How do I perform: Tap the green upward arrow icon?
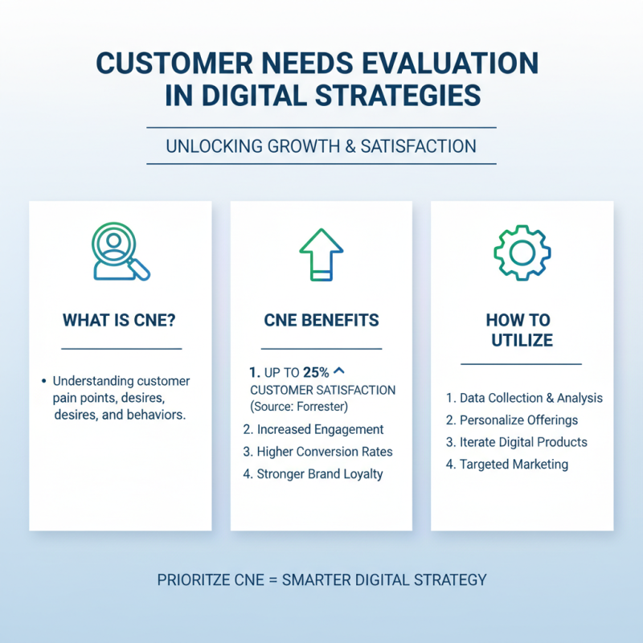tap(321, 252)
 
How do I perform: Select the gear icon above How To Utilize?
tap(522, 252)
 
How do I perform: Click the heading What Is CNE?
tap(120, 320)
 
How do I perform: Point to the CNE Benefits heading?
tap(321, 320)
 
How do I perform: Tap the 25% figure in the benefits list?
tap(314, 373)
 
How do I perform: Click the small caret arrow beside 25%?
tap(338, 371)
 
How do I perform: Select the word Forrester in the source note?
tap(318, 406)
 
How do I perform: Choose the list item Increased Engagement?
tap(313, 429)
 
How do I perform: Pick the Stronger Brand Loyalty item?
tap(313, 474)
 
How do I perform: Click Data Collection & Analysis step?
tap(524, 398)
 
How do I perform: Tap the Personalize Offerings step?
tap(512, 420)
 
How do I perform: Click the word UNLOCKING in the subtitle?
tap(205, 146)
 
